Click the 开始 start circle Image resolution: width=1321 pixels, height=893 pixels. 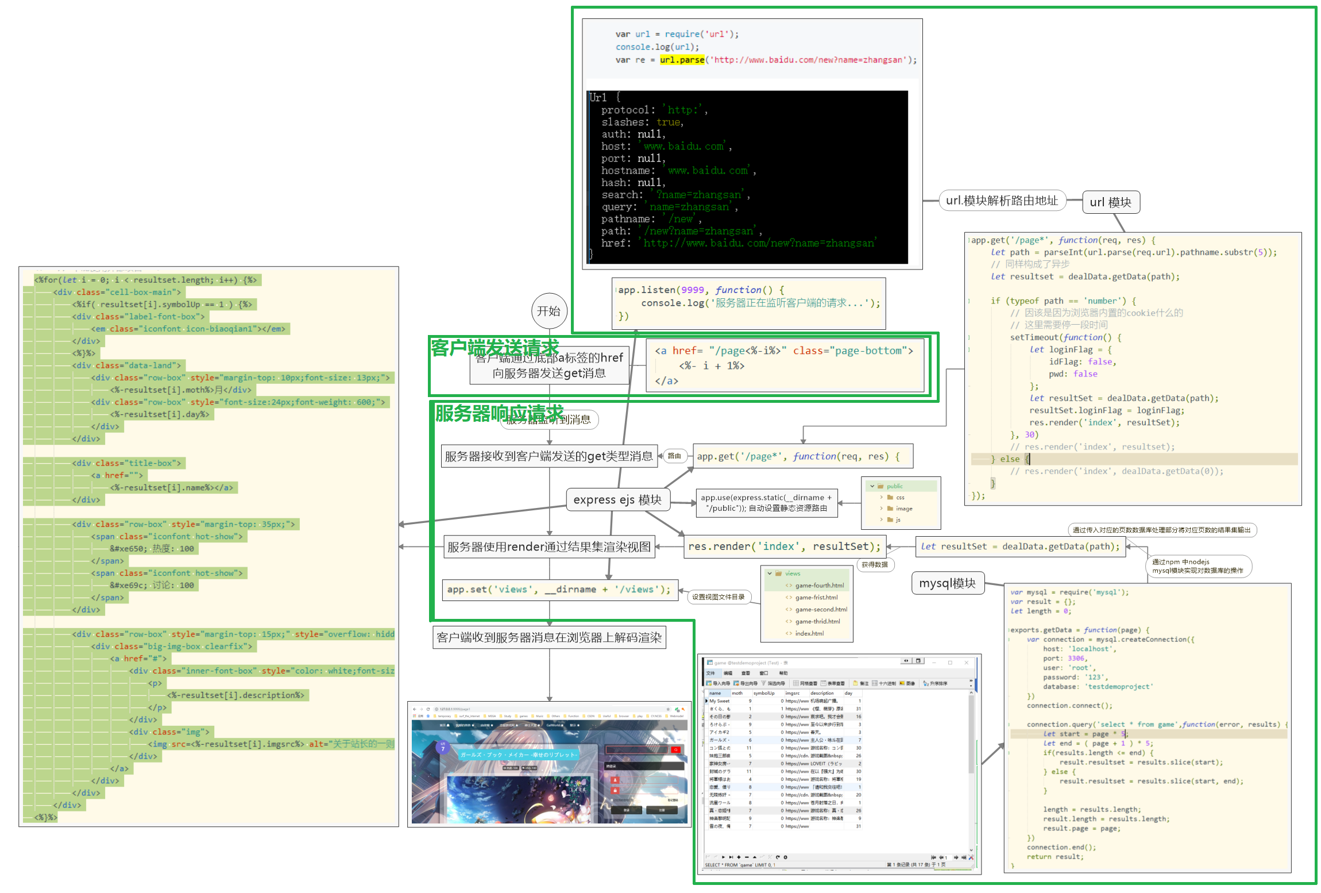[x=549, y=311]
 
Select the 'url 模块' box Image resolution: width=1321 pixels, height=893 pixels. [x=1110, y=202]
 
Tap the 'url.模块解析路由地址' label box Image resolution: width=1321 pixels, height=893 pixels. [x=1002, y=201]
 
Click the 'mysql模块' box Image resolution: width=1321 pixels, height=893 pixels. [x=947, y=583]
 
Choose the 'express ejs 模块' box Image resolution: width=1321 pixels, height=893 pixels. [x=617, y=500]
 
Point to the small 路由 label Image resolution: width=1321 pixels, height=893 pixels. [x=674, y=456]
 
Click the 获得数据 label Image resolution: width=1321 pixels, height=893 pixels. [x=874, y=565]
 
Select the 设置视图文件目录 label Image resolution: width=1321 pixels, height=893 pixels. [x=718, y=597]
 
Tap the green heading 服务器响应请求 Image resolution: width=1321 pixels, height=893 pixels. [x=499, y=413]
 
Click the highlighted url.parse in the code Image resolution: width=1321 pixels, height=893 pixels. [x=682, y=60]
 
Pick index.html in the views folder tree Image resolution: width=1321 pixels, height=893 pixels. [x=809, y=633]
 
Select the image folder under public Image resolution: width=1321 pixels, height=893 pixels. [x=903, y=509]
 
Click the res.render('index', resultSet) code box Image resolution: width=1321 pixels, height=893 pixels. [x=784, y=546]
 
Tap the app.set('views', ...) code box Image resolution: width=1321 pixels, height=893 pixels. [x=559, y=590]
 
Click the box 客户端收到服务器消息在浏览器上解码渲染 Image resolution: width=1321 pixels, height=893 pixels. [x=549, y=637]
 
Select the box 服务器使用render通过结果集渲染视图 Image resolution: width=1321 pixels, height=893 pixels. [x=549, y=547]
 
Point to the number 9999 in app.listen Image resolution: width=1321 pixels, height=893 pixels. [x=692, y=290]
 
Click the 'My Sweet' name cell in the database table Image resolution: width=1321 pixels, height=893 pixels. [x=719, y=701]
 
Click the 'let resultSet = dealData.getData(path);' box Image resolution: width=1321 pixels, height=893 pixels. [x=1019, y=546]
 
